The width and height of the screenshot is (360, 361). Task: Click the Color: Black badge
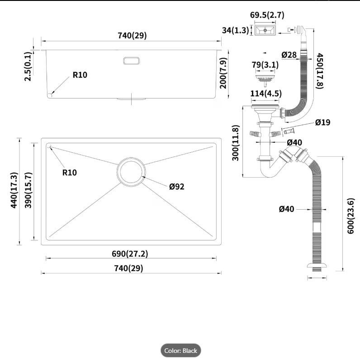point(181,351)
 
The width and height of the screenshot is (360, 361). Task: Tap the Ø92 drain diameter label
point(177,187)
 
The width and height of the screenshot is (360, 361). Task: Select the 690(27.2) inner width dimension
point(130,254)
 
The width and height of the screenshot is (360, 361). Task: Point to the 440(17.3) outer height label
point(14,190)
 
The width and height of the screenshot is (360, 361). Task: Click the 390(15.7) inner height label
point(28,190)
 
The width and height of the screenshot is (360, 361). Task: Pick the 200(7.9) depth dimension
point(223,73)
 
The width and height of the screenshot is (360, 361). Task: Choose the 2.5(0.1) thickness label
point(28,66)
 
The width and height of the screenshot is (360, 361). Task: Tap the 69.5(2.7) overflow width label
point(267,15)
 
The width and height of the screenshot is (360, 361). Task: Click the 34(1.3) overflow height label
point(235,30)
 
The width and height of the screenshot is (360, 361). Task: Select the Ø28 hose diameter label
point(289,55)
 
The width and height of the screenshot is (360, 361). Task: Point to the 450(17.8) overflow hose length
point(320,70)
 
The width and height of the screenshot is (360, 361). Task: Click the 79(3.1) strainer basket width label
point(265,65)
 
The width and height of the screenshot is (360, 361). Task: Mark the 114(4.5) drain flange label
point(266,94)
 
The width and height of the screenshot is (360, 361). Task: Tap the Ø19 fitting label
point(322,122)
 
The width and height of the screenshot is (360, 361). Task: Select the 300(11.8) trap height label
point(235,143)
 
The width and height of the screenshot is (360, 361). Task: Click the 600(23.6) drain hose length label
point(351,216)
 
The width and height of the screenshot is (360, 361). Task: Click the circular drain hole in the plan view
point(131,172)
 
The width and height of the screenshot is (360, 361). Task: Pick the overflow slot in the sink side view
point(131,61)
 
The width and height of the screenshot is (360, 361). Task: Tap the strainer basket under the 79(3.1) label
point(265,79)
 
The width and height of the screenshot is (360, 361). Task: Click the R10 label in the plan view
point(70,173)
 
